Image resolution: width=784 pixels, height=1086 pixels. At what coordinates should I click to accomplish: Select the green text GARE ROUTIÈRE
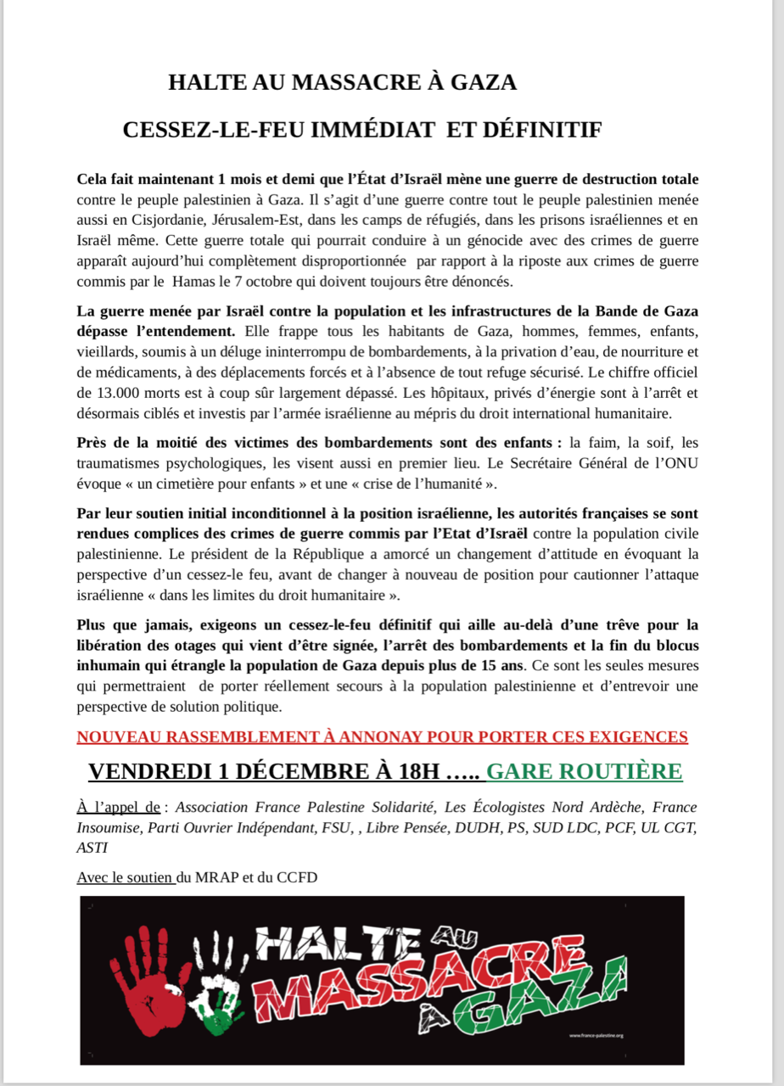tap(584, 771)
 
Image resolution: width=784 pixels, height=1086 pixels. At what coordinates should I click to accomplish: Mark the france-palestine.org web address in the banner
tap(596, 1035)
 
